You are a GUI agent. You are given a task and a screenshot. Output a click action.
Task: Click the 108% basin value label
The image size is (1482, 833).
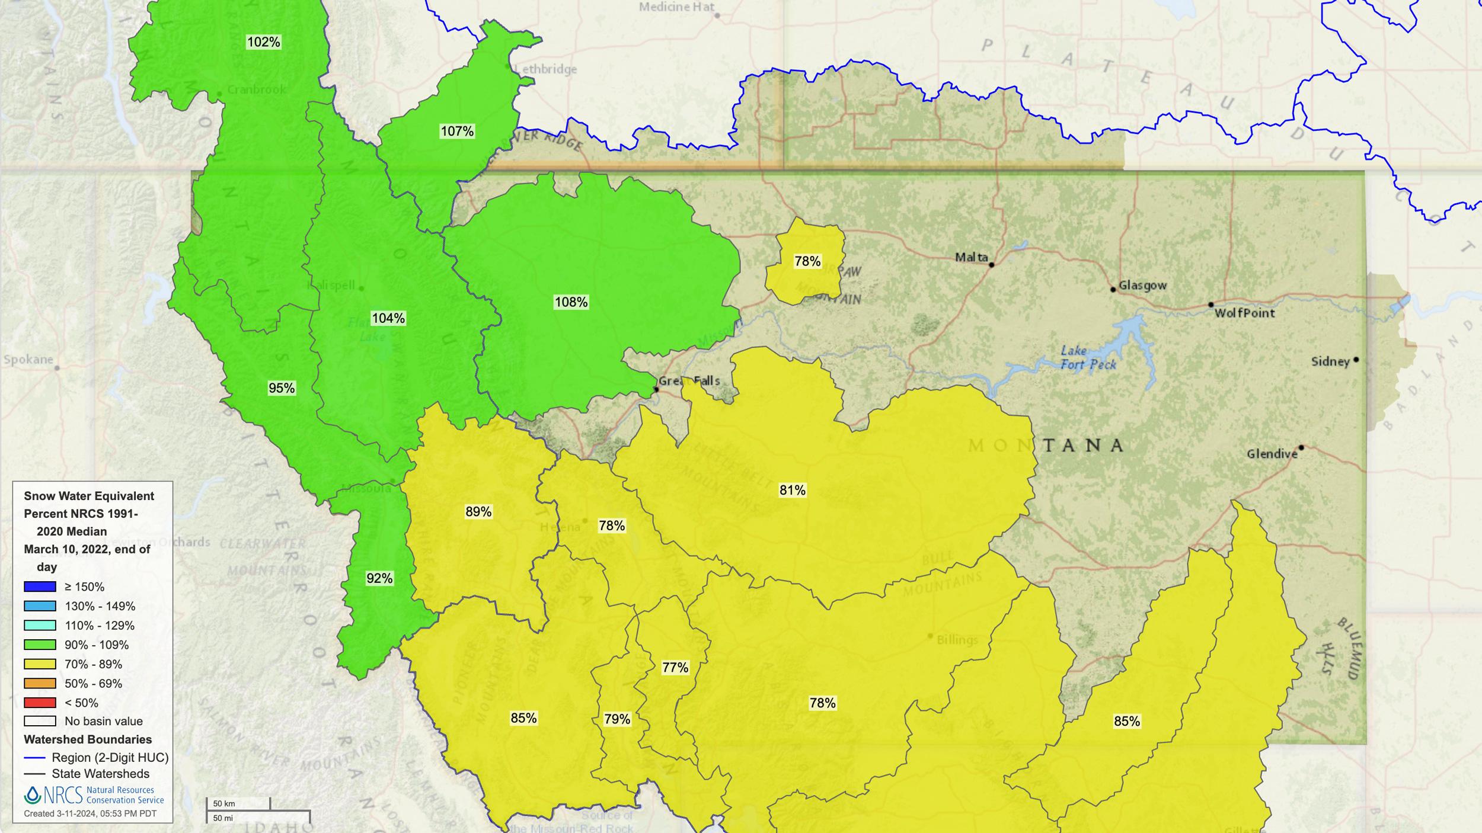point(571,302)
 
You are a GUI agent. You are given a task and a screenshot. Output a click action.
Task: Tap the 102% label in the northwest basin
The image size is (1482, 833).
point(263,42)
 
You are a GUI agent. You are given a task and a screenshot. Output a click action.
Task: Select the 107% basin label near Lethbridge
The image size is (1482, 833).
point(457,131)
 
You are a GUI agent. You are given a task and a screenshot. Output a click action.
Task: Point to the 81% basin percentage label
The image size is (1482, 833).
point(792,490)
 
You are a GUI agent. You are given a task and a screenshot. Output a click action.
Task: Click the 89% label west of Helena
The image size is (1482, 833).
point(478,511)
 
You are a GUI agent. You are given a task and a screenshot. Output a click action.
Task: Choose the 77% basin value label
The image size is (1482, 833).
point(675,668)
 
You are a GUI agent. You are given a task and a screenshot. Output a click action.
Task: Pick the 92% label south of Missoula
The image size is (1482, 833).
point(379,578)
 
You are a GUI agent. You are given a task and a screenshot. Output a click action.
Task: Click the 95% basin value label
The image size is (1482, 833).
point(282,388)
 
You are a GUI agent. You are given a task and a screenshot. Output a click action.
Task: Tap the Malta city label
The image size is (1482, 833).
point(971,257)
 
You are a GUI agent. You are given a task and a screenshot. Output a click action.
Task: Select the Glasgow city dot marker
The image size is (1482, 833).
point(1113,290)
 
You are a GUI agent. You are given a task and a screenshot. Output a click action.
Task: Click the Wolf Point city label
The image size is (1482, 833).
point(1244,313)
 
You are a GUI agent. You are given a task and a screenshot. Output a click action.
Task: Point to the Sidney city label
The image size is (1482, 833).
point(1330,361)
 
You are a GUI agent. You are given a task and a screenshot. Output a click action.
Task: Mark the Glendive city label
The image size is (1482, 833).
point(1272,454)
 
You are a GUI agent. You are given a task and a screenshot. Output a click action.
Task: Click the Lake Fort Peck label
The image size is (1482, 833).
point(1088,358)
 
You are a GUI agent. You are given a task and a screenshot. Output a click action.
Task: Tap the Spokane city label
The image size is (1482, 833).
point(28,359)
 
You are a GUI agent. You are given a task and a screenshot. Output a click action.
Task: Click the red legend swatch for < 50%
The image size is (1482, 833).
point(40,703)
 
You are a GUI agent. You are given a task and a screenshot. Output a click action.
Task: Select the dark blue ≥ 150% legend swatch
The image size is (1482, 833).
point(40,587)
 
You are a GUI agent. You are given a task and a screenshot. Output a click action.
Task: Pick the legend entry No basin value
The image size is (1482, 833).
point(103,721)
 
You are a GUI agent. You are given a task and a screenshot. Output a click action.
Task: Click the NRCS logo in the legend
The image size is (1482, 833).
point(53,794)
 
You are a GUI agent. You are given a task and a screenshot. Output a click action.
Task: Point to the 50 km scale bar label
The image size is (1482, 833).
point(224,803)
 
